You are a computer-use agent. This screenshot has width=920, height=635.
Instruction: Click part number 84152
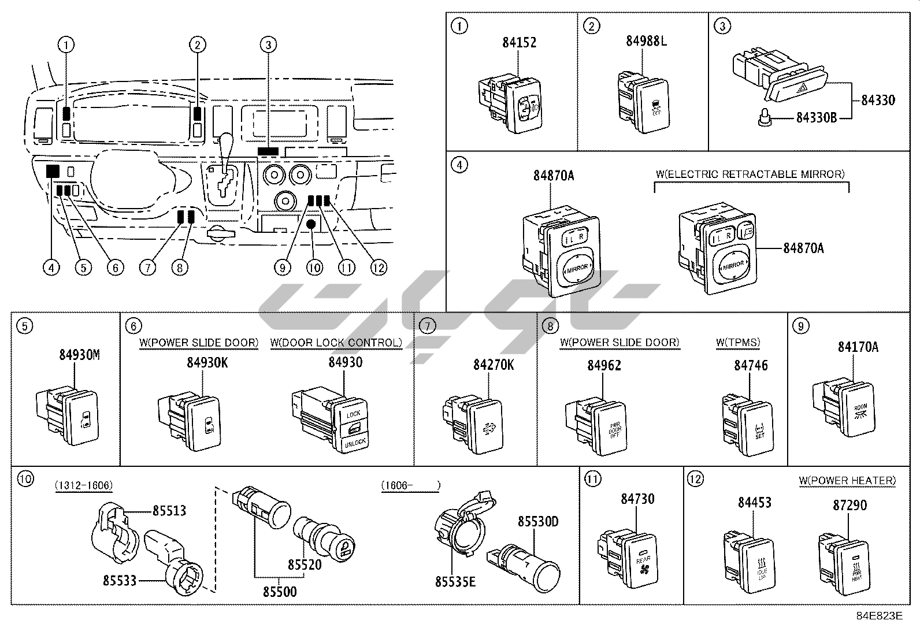(518, 42)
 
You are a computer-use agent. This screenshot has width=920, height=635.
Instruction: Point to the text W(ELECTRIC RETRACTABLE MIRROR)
(750, 174)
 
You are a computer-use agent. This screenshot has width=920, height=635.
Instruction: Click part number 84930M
(79, 355)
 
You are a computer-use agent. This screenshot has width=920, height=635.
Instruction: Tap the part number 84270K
(493, 365)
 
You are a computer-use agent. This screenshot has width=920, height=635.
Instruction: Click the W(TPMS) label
(738, 343)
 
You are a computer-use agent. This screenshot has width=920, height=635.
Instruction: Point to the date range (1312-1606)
(83, 485)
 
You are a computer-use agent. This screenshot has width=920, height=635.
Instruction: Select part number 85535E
(455, 581)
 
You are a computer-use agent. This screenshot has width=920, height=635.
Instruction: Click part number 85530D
(537, 522)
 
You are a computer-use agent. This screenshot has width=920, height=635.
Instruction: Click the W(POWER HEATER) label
(847, 480)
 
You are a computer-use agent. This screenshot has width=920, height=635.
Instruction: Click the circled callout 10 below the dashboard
(314, 268)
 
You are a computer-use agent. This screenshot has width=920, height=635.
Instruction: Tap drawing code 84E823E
(880, 616)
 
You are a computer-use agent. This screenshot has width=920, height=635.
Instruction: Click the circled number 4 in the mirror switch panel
(459, 165)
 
